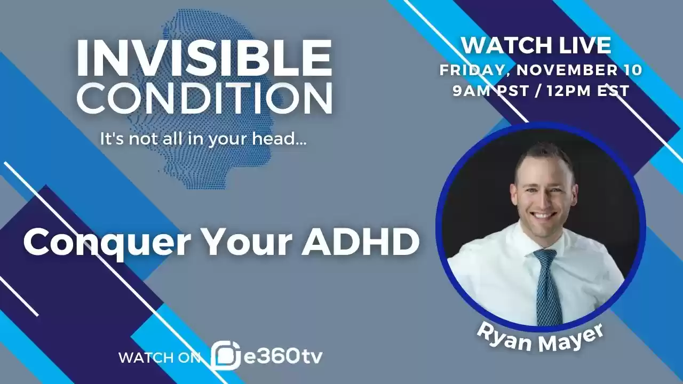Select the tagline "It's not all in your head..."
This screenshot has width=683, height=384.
click(203, 139)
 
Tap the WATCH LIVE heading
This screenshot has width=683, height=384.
click(536, 45)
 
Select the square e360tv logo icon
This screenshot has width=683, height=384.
click(225, 356)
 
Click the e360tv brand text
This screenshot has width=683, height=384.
click(283, 356)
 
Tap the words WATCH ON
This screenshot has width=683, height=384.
click(159, 357)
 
